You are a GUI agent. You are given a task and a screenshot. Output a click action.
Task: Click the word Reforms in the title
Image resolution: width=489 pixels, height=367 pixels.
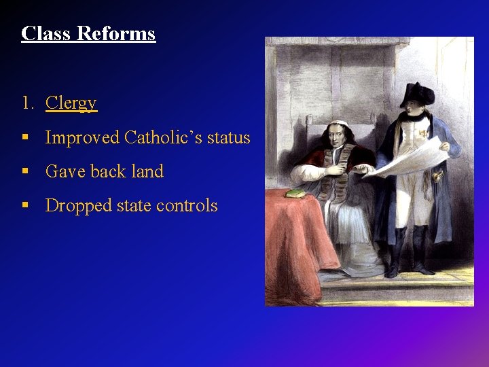point(116,33)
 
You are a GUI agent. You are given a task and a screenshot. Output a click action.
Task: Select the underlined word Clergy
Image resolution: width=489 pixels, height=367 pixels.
point(71,103)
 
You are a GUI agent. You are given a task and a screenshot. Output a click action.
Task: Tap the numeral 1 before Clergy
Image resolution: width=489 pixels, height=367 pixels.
point(26,103)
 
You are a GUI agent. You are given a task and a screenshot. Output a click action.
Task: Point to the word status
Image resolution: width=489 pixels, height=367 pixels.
point(228,138)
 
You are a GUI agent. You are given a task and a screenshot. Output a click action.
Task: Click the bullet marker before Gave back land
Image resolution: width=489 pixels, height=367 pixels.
point(25,172)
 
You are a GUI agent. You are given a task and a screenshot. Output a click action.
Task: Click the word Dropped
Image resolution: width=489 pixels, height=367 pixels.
point(80,206)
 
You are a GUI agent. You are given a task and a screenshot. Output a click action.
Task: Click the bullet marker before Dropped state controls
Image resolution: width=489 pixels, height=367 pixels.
point(25,206)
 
